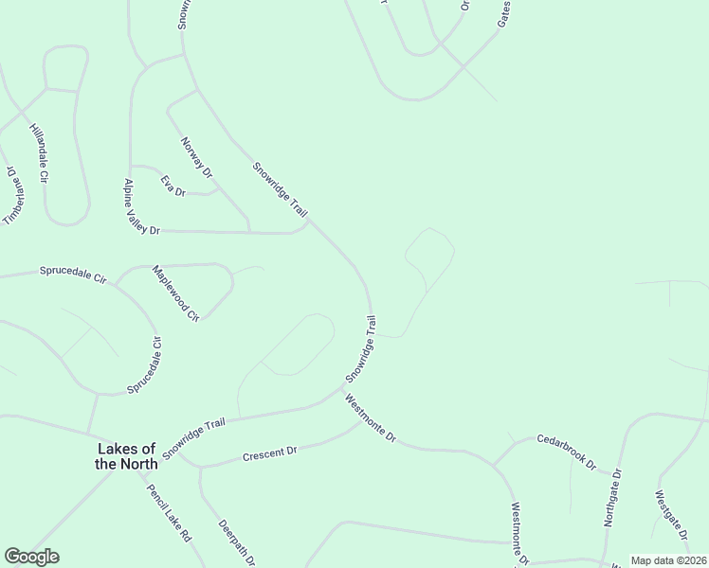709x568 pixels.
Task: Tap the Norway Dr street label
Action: [196, 156]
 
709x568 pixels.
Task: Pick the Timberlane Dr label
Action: [11, 197]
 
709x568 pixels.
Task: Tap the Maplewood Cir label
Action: [176, 292]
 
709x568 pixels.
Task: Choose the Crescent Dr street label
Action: [270, 452]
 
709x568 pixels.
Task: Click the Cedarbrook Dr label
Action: [566, 453]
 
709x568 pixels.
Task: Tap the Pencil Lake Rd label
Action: [169, 512]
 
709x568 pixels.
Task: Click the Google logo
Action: [31, 557]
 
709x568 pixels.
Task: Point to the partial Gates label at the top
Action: [503, 12]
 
